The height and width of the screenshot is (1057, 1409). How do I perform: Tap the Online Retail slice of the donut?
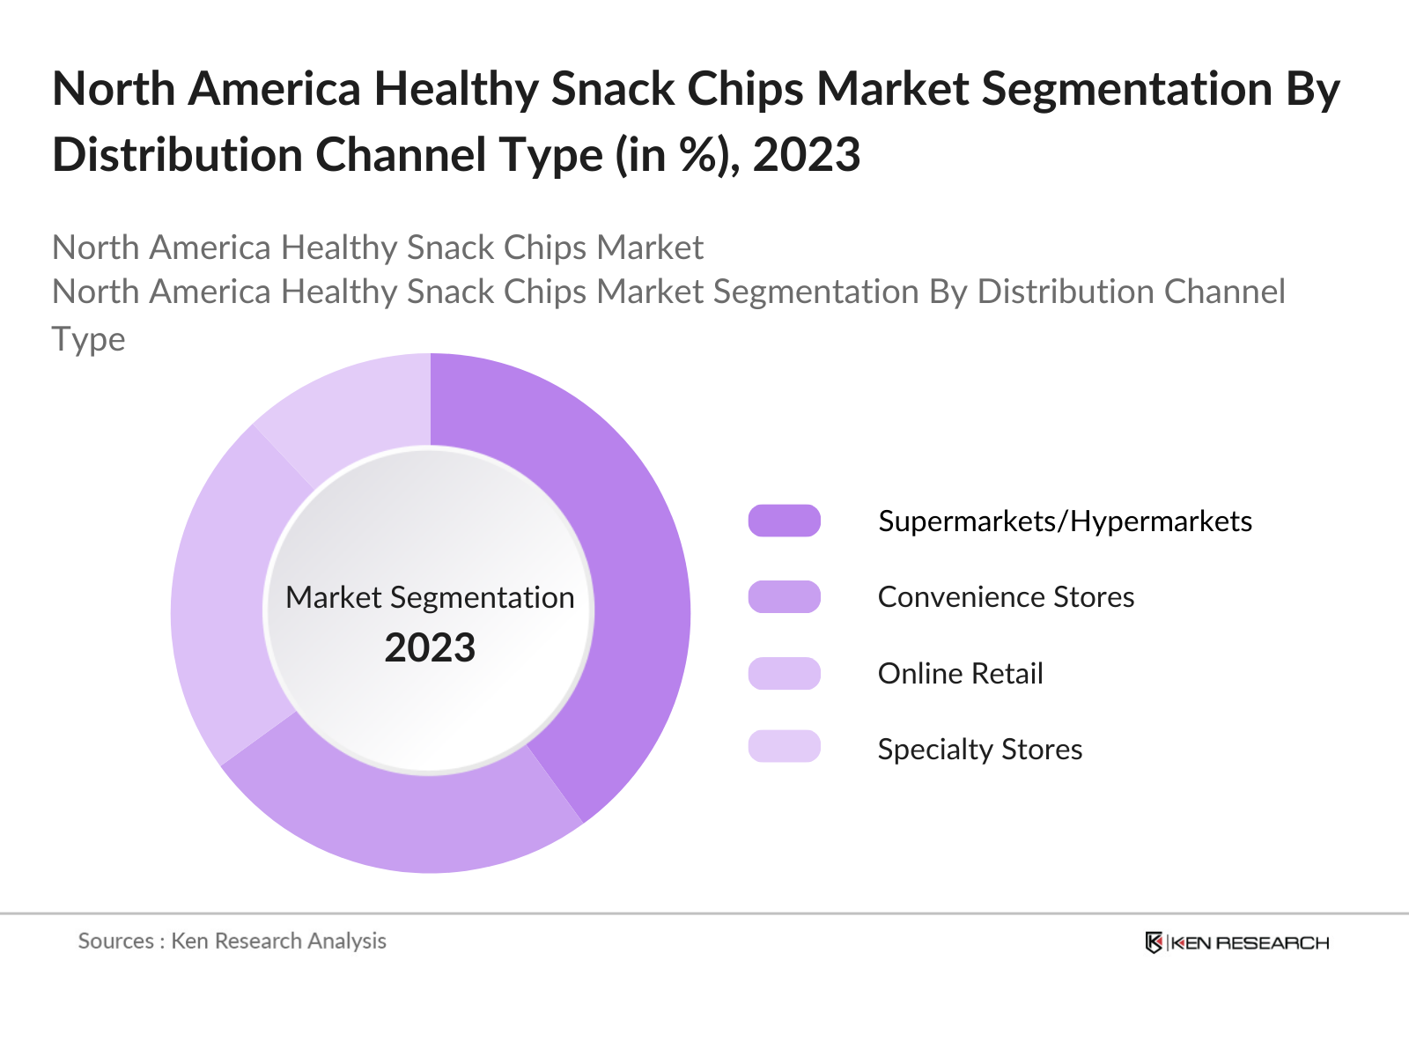tap(220, 599)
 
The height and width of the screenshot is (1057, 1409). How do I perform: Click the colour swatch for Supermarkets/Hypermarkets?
tap(784, 521)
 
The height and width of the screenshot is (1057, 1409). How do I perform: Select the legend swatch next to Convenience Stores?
tap(784, 596)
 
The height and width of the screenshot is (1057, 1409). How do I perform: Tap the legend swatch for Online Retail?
tap(784, 673)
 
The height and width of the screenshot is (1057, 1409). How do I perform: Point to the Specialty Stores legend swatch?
tap(784, 746)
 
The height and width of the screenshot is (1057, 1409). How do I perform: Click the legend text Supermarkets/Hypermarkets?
tap(1065, 521)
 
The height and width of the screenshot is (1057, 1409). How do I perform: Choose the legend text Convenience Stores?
tap(1006, 597)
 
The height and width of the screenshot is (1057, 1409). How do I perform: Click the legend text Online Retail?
tap(960, 674)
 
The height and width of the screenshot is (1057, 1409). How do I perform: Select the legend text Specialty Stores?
tap(979, 750)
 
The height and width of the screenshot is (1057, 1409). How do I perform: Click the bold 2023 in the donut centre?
tap(430, 648)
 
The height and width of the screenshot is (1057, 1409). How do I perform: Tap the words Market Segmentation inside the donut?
tap(430, 597)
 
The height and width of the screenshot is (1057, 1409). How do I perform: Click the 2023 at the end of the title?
tap(807, 155)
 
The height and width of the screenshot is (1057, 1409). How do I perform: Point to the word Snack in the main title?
tap(611, 89)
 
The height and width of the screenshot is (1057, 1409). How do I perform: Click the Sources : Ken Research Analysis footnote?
tap(232, 941)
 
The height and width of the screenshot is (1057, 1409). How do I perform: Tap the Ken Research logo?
tap(1236, 942)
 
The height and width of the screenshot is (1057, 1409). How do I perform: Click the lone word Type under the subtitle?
tap(88, 339)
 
